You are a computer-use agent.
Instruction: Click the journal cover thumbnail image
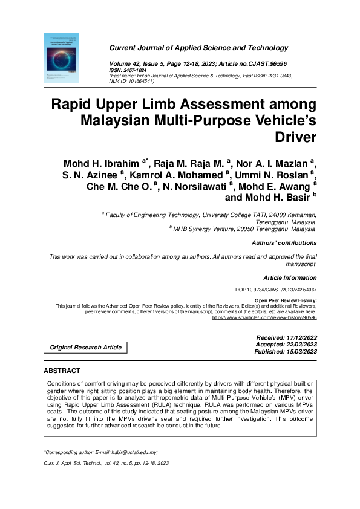click(61, 58)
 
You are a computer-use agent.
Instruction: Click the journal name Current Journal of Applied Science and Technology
click(198, 48)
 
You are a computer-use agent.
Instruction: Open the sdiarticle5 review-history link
click(264, 317)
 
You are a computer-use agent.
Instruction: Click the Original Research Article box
click(85, 347)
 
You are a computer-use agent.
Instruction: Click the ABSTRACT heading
click(62, 370)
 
